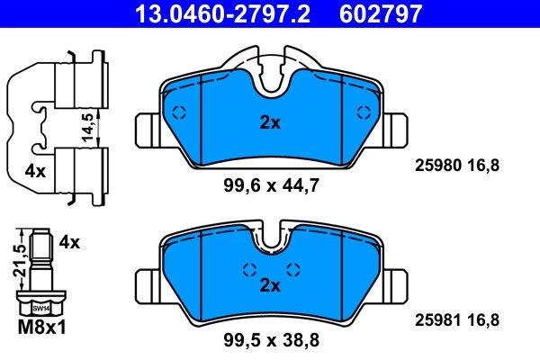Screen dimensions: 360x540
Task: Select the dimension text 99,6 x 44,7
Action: coord(271,185)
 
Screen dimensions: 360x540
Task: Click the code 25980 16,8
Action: coord(454,165)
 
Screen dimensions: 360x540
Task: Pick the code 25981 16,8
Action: coord(454,319)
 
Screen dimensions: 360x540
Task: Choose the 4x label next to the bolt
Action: coord(69,242)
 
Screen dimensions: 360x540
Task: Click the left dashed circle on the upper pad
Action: coord(178,112)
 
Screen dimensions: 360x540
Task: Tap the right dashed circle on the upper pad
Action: coord(364,112)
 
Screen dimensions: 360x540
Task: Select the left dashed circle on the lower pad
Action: coord(249,269)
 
